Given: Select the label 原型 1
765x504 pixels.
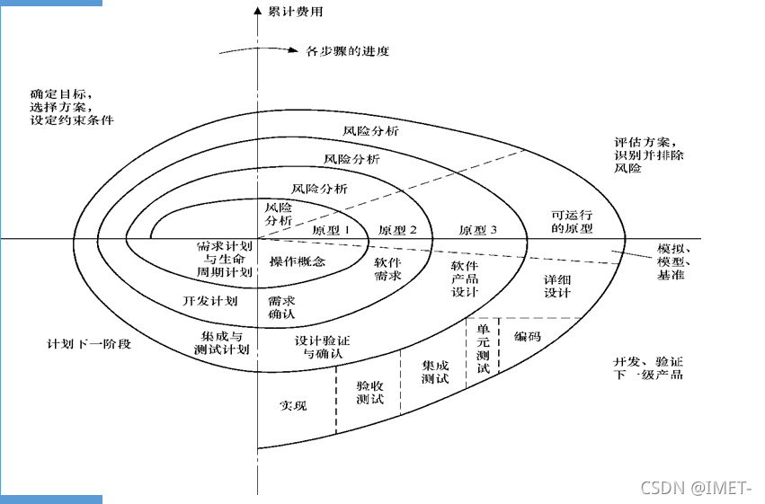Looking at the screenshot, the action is pyautogui.click(x=330, y=230).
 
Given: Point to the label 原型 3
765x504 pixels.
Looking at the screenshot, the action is pyautogui.click(x=478, y=230).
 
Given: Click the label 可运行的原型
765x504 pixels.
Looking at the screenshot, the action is pyautogui.click(x=571, y=222).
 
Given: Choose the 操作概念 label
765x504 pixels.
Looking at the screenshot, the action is pyautogui.click(x=298, y=261).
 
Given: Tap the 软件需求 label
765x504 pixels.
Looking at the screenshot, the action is pyautogui.click(x=388, y=270).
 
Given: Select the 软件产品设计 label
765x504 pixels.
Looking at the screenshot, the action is pyautogui.click(x=465, y=279).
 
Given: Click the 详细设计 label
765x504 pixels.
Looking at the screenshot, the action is pyautogui.click(x=557, y=286).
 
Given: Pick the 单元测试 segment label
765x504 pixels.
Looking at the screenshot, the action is pyautogui.click(x=483, y=349).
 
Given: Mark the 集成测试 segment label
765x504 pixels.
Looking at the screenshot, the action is pyautogui.click(x=435, y=372).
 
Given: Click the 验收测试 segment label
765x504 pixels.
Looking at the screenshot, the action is pyautogui.click(x=370, y=392).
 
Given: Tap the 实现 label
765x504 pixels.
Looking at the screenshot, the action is pyautogui.click(x=293, y=405).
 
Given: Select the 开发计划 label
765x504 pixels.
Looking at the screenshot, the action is pyautogui.click(x=209, y=300).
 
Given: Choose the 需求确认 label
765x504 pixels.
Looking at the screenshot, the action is pyautogui.click(x=282, y=308).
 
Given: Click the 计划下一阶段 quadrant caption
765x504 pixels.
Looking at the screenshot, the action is pyautogui.click(x=89, y=344).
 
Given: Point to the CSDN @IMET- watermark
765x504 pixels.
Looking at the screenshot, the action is pyautogui.click(x=693, y=488).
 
